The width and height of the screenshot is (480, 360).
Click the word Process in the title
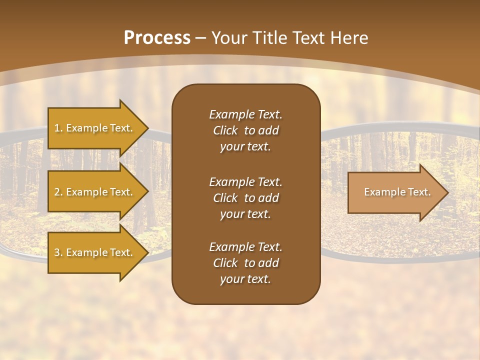[157, 38]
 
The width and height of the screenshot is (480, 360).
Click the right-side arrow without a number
[395, 192]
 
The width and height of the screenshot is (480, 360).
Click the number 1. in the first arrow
[58, 128]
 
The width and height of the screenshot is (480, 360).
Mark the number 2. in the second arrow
[58, 192]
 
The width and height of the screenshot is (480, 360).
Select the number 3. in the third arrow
[58, 252]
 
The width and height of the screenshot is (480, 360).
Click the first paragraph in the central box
[245, 130]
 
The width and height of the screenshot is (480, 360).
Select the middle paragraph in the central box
[245, 198]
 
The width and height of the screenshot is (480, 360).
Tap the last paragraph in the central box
[245, 263]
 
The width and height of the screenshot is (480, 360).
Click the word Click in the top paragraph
[225, 130]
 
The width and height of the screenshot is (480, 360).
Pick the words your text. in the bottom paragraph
[245, 279]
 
